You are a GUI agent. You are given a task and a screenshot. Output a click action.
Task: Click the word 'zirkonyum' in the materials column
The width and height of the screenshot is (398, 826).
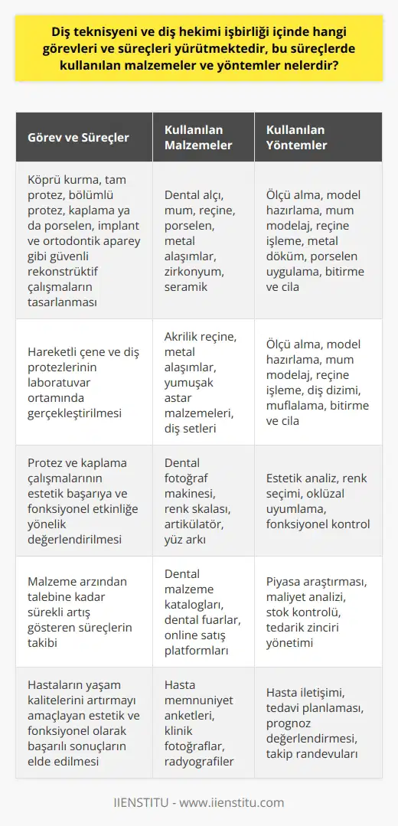coord(193,272)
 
